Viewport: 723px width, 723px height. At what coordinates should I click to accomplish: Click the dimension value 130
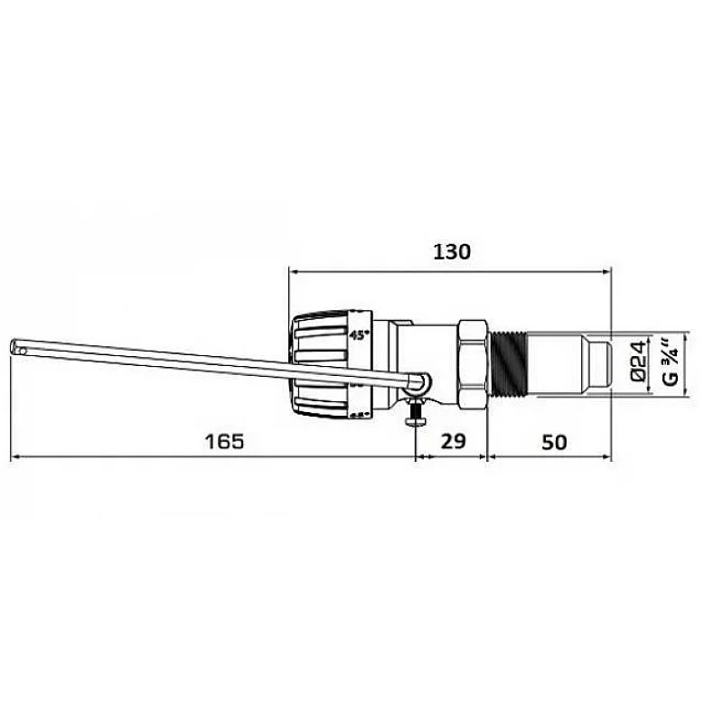coord(451,251)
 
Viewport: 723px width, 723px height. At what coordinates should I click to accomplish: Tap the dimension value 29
coord(452,442)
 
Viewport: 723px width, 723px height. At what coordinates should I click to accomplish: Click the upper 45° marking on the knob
coord(360,333)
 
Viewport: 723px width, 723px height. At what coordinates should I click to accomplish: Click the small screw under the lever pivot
coord(415,418)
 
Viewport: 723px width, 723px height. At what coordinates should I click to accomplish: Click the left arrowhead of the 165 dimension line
coord(16,457)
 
